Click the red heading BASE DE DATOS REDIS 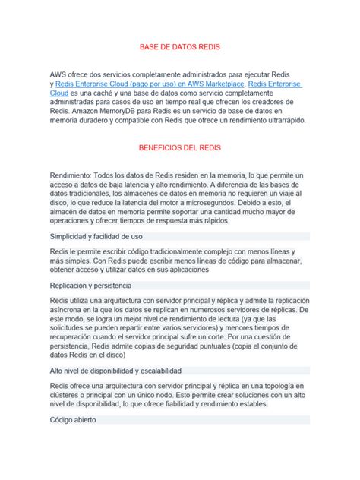tap(180, 47)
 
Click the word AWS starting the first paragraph tap(58, 74)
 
